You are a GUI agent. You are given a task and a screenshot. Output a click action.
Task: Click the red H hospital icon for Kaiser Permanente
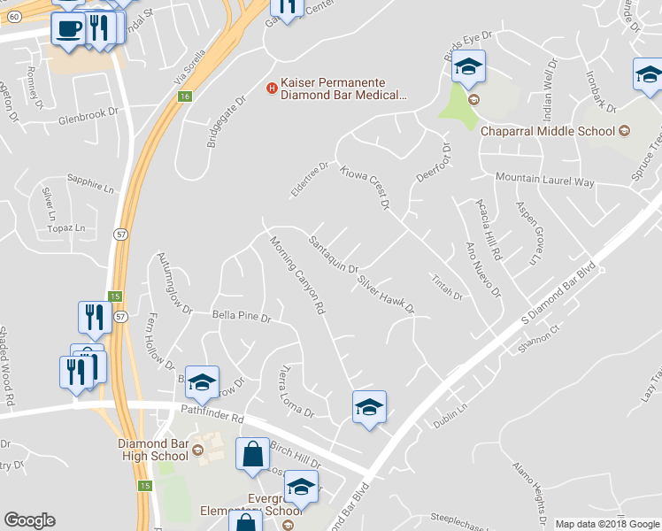(x=272, y=86)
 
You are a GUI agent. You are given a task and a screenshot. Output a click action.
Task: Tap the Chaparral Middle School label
(x=547, y=132)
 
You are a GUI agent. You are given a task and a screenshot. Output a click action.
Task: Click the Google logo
(x=29, y=520)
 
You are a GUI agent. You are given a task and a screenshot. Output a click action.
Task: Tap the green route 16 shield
(x=184, y=96)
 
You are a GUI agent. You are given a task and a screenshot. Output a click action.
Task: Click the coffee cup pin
(x=68, y=28)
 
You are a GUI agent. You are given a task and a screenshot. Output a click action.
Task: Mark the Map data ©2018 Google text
(x=607, y=524)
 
